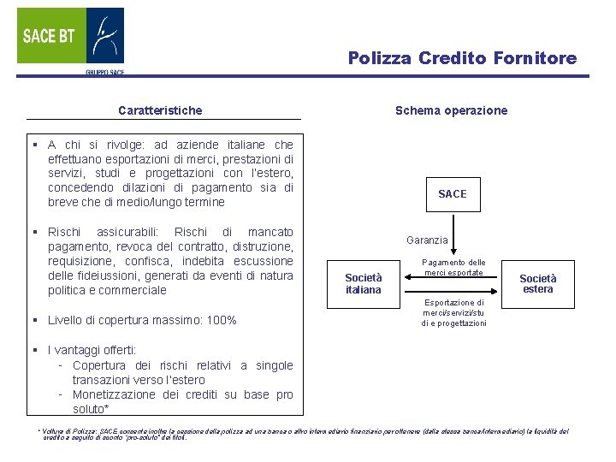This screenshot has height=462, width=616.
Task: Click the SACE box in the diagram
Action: (x=452, y=194)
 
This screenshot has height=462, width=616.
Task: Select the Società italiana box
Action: (x=363, y=284)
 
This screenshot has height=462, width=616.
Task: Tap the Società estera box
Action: (x=537, y=283)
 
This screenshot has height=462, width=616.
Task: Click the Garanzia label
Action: (x=427, y=240)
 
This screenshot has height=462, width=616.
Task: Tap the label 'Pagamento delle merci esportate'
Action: (x=453, y=267)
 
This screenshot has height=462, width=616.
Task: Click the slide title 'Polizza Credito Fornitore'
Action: (x=462, y=58)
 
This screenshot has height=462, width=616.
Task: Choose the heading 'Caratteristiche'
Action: (x=160, y=110)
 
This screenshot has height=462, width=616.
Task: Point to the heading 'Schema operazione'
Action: (x=451, y=110)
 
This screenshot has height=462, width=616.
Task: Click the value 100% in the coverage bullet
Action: (x=220, y=321)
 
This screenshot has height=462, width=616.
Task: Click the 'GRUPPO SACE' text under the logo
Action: (x=104, y=73)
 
